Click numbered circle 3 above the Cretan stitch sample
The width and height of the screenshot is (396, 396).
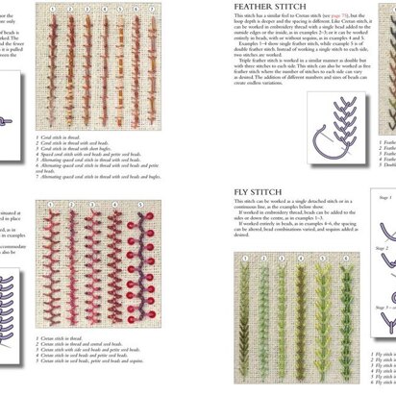click(87, 204)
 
